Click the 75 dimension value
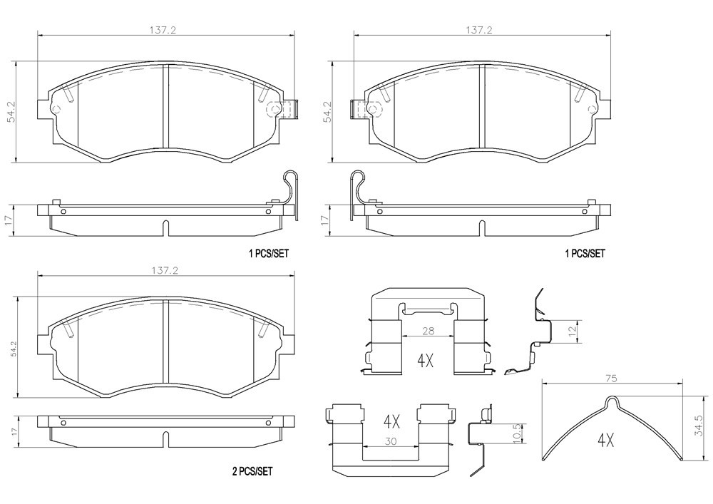(612, 379)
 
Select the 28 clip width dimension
(428, 331)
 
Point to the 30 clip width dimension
(390, 441)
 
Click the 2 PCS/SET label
(252, 471)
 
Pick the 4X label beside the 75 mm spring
(605, 441)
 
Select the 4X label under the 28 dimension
(425, 361)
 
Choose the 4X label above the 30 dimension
(392, 423)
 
